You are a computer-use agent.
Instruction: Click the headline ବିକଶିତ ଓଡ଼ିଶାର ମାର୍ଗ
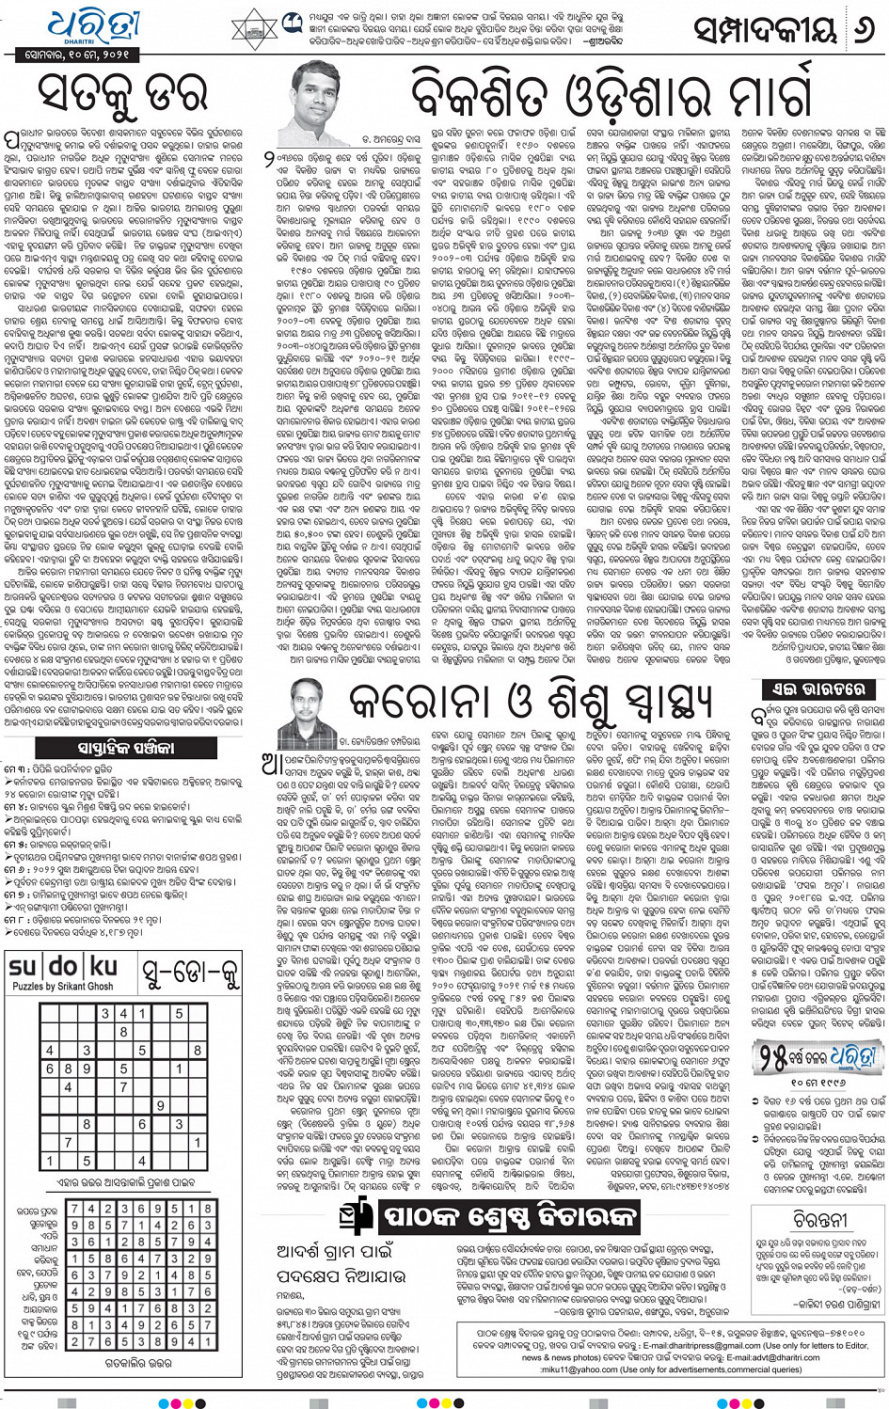tap(611, 94)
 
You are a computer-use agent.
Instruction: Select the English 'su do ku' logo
tap(63, 966)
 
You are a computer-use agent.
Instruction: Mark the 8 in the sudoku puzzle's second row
tap(123, 1032)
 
